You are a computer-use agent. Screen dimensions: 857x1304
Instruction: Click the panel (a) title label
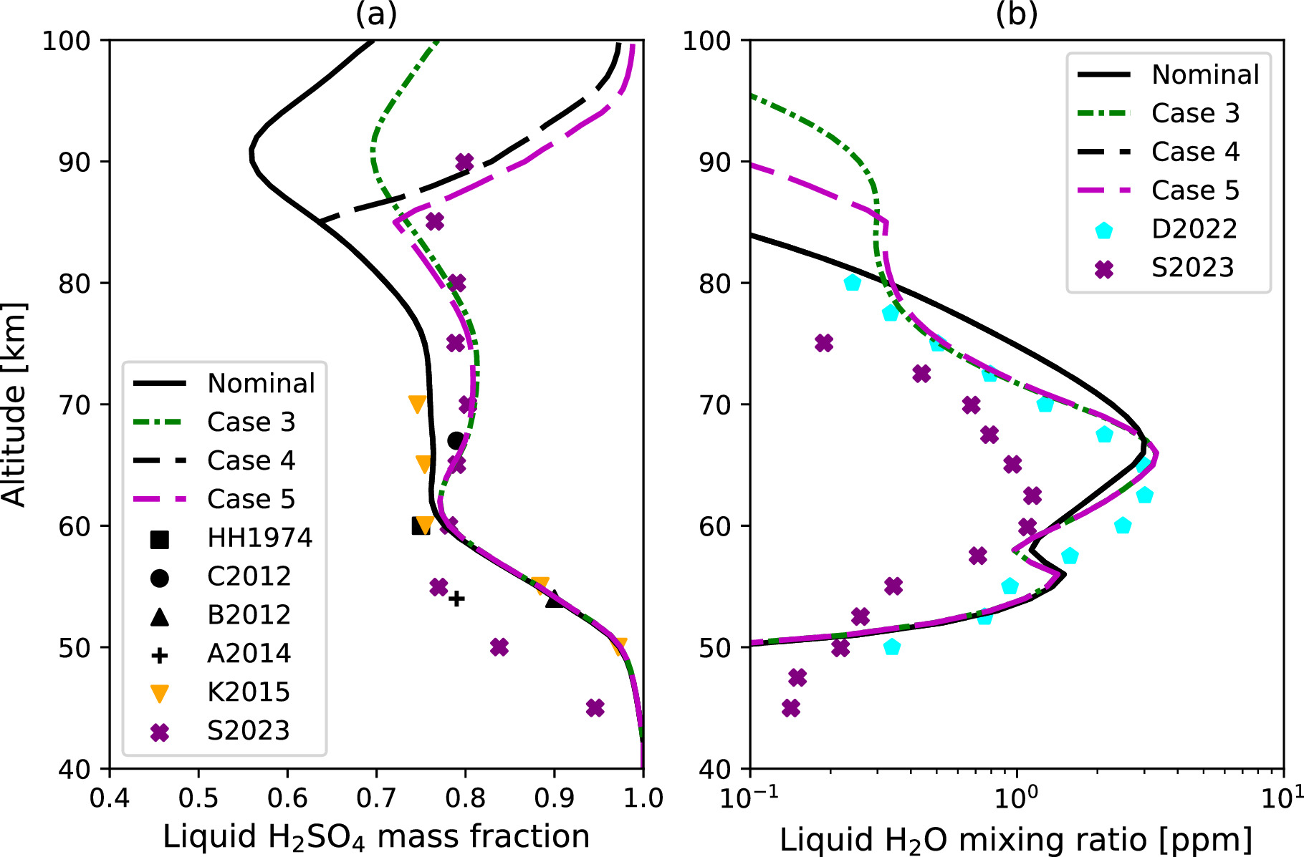click(x=375, y=14)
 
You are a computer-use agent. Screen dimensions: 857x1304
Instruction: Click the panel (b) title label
click(x=1016, y=14)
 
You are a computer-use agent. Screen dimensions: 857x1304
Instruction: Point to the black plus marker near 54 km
click(x=456, y=598)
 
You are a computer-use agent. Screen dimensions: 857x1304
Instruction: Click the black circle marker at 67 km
click(x=456, y=440)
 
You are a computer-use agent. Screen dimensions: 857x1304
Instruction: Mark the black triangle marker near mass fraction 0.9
click(x=555, y=599)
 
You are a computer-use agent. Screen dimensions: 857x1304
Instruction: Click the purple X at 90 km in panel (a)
click(x=464, y=162)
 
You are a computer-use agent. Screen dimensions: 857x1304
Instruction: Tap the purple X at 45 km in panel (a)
click(x=595, y=708)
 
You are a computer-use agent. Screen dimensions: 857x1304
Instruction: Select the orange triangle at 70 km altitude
click(x=417, y=405)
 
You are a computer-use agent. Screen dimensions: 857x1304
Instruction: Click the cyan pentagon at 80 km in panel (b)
click(x=852, y=283)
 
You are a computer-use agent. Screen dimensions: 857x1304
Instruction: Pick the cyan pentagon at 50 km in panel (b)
click(x=891, y=647)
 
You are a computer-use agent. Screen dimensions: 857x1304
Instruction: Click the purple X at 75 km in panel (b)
click(x=824, y=343)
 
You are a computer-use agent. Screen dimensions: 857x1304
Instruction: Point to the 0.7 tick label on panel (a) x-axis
click(x=376, y=798)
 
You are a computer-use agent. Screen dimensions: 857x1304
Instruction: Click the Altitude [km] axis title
click(x=14, y=405)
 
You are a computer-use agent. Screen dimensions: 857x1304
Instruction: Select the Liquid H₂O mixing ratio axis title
click(x=1015, y=839)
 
